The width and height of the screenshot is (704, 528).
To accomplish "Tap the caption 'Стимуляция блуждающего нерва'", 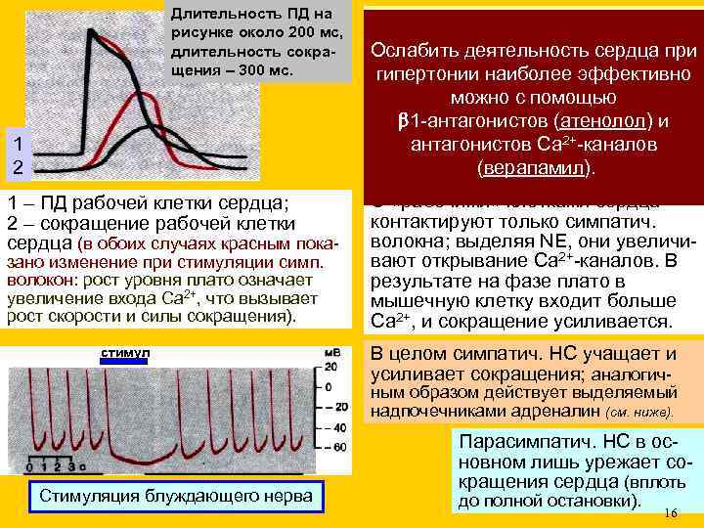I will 176,497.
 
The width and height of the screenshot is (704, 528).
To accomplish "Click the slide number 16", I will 670,513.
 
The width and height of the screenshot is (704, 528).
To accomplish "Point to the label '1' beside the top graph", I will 14,143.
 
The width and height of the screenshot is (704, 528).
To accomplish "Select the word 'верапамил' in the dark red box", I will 534,167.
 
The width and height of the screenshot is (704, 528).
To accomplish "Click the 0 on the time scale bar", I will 29,467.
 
